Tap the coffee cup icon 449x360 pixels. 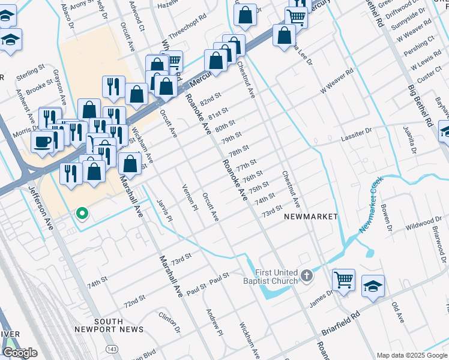point(43,141)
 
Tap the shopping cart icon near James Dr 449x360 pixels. point(343,279)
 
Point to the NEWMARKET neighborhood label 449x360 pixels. point(311,216)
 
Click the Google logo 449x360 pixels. point(20,352)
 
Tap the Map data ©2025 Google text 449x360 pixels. point(411,355)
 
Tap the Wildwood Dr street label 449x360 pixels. point(406,227)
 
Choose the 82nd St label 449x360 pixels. point(211,97)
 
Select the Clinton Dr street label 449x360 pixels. point(169,323)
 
